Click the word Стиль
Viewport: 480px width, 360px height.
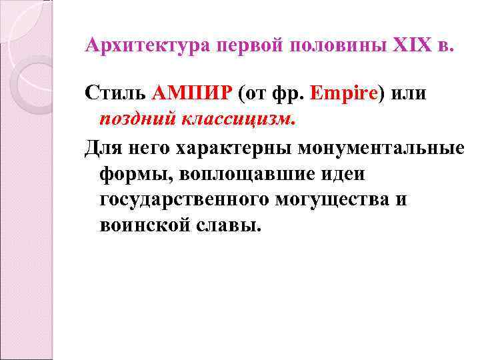click(117, 93)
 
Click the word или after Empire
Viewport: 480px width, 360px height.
click(407, 93)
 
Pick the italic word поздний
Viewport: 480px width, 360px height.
click(137, 119)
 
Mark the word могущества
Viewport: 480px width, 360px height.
click(337, 199)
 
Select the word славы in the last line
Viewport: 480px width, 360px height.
click(230, 225)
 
